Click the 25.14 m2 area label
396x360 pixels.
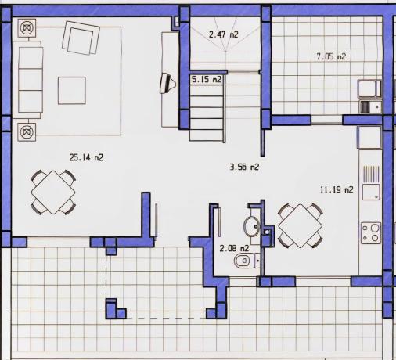[87, 157]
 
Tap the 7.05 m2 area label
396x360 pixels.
[330, 56]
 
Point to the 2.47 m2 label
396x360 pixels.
[223, 34]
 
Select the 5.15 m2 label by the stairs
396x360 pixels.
[207, 79]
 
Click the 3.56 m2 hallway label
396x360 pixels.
[243, 167]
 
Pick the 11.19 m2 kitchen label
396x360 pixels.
[337, 189]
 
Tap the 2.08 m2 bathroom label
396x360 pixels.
[234, 248]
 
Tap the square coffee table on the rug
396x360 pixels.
[74, 88]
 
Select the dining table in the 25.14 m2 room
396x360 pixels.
[53, 191]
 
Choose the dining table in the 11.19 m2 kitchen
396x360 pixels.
[301, 225]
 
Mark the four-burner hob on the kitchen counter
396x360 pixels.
[369, 232]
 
